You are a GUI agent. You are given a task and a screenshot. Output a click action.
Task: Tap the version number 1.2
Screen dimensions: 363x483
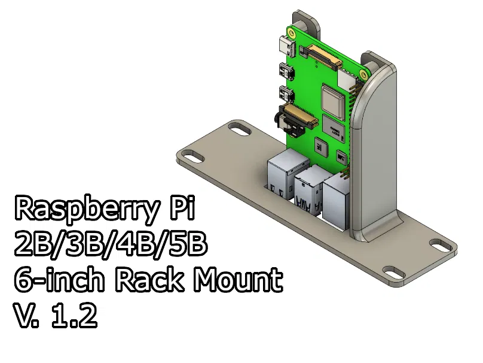point(74,316)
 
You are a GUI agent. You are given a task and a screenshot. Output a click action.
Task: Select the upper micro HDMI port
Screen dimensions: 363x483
point(285,71)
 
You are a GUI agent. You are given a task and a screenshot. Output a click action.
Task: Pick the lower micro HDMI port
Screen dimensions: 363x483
point(285,95)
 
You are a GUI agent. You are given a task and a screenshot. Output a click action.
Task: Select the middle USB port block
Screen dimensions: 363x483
point(307,189)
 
